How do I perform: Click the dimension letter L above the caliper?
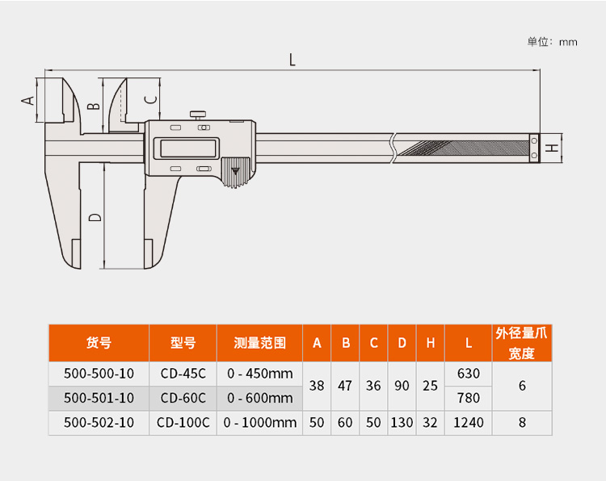tap(292, 60)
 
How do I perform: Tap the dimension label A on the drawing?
tap(27, 101)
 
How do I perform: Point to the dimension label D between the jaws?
tap(95, 217)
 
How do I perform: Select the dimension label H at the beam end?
tap(553, 148)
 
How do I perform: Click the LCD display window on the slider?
tap(187, 148)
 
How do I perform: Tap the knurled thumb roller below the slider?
tap(236, 173)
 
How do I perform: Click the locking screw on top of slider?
tap(197, 115)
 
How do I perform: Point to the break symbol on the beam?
tap(393, 148)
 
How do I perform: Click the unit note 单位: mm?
tap(553, 42)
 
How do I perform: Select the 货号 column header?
tap(99, 343)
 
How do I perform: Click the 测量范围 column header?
tap(259, 343)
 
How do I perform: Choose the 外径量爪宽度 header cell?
tap(522, 343)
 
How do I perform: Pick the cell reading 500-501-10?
tap(99, 398)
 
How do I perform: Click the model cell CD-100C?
tap(183, 423)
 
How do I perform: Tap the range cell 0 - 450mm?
tap(259, 374)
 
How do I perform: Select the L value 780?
tap(469, 398)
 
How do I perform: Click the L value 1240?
tap(469, 423)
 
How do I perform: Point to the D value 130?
tap(402, 423)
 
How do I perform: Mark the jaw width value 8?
tap(522, 423)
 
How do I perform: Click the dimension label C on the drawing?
tap(151, 99)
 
